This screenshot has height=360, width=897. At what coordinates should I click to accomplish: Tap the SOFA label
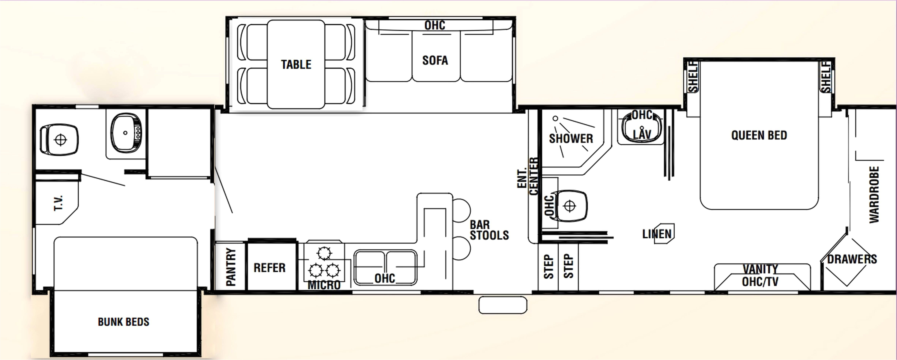click(435, 61)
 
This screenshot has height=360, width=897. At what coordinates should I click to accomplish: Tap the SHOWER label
click(571, 138)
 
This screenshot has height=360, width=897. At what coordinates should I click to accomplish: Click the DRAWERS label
click(852, 259)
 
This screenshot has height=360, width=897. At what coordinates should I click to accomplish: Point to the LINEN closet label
click(657, 234)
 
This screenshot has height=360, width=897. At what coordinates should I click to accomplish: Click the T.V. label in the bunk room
click(58, 203)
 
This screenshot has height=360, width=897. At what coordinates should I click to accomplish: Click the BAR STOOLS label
click(489, 230)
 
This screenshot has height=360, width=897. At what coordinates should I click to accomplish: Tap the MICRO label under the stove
click(324, 285)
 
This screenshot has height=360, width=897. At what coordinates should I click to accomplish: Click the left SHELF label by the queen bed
click(693, 77)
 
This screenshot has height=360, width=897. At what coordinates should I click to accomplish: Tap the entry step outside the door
click(503, 305)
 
